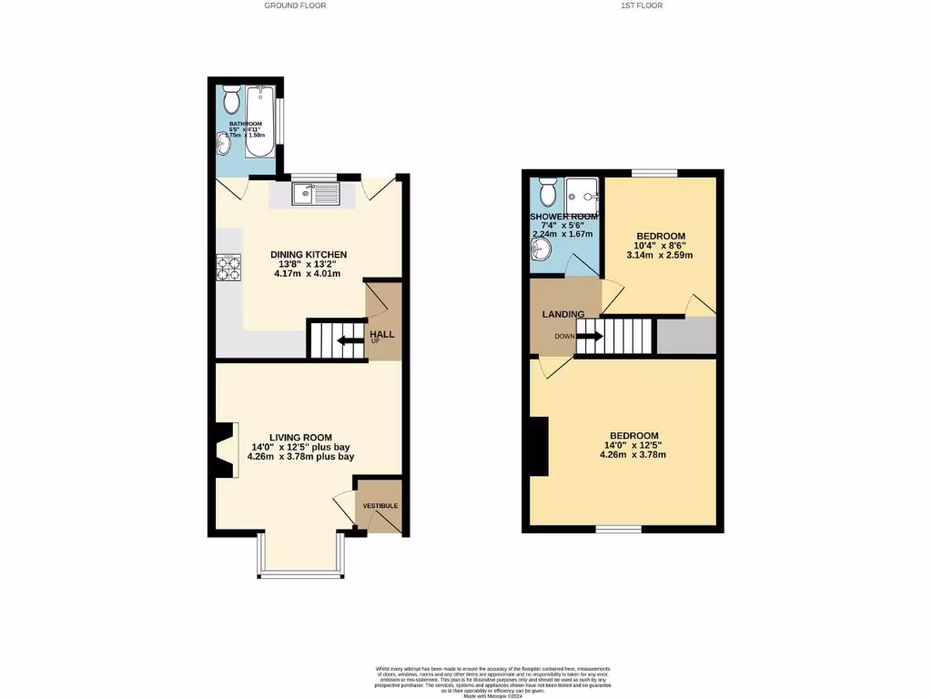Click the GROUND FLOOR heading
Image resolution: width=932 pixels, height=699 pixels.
[x=295, y=5]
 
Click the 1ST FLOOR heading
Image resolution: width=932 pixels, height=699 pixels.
[x=642, y=5]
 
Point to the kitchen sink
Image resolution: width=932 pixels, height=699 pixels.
[x=315, y=194]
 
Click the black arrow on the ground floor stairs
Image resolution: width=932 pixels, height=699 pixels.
[x=347, y=341]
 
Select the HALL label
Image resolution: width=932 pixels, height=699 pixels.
[x=382, y=334]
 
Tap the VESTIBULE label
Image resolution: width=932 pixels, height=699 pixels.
[x=380, y=506]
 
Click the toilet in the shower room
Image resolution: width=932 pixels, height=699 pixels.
[x=548, y=191]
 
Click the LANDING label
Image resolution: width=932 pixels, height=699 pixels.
[x=563, y=315]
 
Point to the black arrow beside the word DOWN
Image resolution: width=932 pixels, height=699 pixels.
[x=590, y=335]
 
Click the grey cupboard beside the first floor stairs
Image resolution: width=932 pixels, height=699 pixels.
[x=686, y=336]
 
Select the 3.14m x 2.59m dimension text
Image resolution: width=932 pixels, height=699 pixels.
[x=659, y=256]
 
